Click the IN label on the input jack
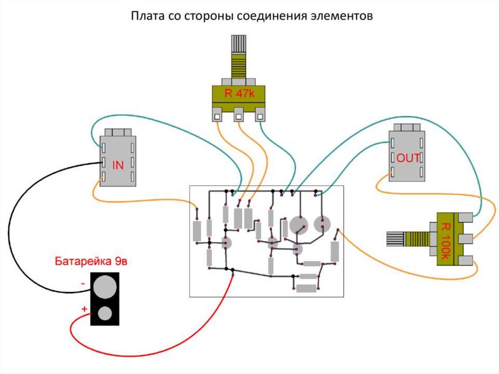click(118, 165)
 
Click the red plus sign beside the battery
click(84, 309)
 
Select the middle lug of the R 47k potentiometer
click(238, 116)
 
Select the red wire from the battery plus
click(146, 349)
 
